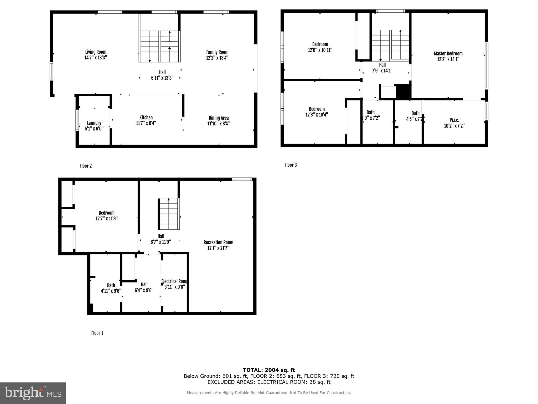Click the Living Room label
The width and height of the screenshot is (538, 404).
(96, 52)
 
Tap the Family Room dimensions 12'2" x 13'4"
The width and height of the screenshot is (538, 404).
(217, 58)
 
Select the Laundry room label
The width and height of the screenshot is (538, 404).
(94, 123)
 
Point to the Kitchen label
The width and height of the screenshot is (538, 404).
(146, 118)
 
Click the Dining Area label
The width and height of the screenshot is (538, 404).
(219, 118)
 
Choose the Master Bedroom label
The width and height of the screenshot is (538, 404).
(448, 54)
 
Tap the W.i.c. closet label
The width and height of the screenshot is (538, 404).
(454, 120)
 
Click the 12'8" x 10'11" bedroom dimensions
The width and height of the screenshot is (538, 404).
(320, 50)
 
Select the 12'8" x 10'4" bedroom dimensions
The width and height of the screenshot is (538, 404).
(317, 115)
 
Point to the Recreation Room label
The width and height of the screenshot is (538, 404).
(218, 242)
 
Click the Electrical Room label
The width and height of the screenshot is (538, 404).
(174, 281)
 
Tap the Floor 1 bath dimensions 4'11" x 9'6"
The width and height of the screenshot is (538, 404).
(111, 291)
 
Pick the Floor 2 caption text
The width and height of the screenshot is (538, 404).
(86, 166)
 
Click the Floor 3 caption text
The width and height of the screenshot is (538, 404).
(291, 165)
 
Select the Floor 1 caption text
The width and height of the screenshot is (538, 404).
(97, 333)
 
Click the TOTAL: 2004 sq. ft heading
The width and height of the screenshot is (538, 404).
(269, 370)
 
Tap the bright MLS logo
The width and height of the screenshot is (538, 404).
(33, 393)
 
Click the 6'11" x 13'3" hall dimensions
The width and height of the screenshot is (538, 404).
(162, 78)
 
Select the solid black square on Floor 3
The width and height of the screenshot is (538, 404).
(403, 92)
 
